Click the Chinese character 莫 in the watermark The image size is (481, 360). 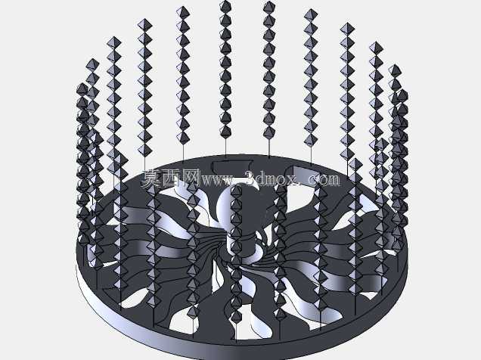pyautogui.click(x=151, y=178)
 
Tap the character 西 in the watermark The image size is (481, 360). pyautogui.click(x=171, y=178)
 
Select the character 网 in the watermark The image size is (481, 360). pyautogui.click(x=190, y=178)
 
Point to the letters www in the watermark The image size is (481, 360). pyautogui.click(x=216, y=180)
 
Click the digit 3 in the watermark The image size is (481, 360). pyautogui.click(x=252, y=179)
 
